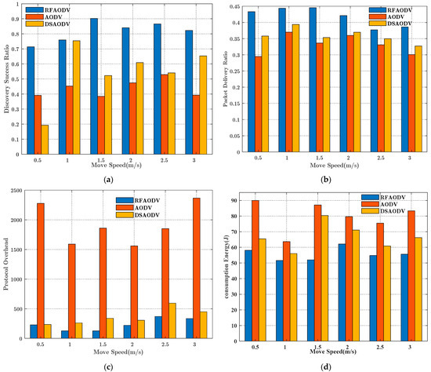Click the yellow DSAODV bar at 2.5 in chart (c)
pyautogui.click(x=172, y=321)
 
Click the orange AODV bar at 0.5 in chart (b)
pyautogui.click(x=258, y=105)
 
